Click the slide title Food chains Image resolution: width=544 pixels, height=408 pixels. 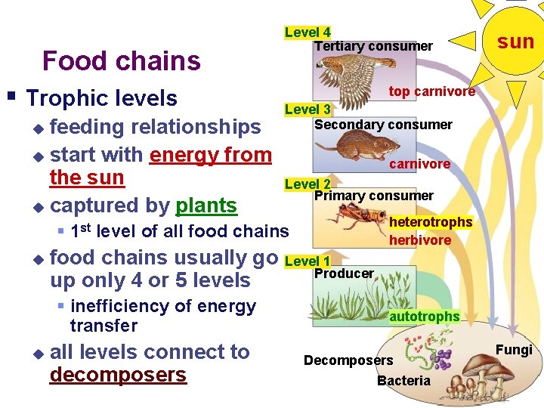tap(122, 60)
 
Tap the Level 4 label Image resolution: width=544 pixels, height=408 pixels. tap(308, 32)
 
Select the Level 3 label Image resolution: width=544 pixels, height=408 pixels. tap(308, 110)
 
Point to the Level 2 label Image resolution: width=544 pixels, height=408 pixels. tap(308, 184)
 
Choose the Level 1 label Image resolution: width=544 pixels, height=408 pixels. tap(308, 261)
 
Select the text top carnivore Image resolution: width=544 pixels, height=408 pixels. tap(431, 91)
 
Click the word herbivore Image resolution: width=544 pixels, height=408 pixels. tap(420, 240)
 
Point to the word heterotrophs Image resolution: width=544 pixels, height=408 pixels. tap(431, 222)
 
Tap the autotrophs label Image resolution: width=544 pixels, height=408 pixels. tap(424, 317)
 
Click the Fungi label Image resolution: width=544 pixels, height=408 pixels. tap(514, 350)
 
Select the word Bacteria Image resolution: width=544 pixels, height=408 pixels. tap(403, 381)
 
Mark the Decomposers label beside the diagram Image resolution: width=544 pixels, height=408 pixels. tap(348, 360)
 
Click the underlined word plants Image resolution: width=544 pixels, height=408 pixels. tap(206, 206)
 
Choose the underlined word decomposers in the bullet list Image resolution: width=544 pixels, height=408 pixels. tap(118, 376)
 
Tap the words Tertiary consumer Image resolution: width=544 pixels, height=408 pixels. tap(373, 46)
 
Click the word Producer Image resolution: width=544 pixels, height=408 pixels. tap(344, 274)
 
